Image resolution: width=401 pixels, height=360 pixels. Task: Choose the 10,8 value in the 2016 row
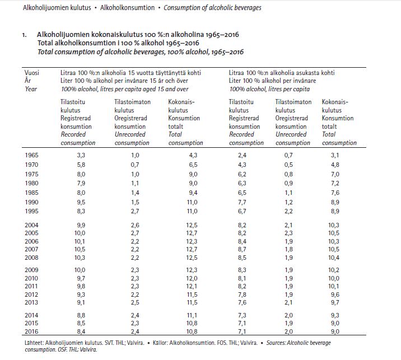(x=193, y=331)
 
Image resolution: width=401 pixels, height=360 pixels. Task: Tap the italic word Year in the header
(x=31, y=89)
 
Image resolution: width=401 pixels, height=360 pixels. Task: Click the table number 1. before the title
(x=25, y=35)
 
